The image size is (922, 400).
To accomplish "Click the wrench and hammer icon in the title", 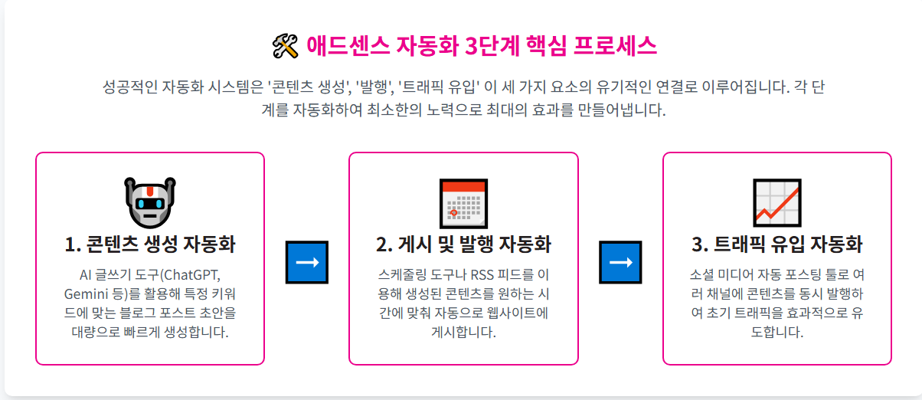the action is click(284, 47).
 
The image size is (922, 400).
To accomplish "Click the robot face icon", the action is click(150, 202).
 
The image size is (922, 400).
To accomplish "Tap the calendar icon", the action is click(463, 202).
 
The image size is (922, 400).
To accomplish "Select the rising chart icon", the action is click(777, 202).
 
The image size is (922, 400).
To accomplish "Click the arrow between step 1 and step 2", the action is click(306, 262).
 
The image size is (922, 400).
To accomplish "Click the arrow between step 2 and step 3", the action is click(620, 262).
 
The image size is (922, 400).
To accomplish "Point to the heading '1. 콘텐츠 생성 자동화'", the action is click(150, 244).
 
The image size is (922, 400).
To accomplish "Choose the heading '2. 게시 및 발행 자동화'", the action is click(463, 244).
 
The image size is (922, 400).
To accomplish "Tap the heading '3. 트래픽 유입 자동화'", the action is click(777, 244).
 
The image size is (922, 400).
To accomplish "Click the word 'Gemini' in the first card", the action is click(84, 293).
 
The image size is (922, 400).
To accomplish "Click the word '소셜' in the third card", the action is click(703, 274).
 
